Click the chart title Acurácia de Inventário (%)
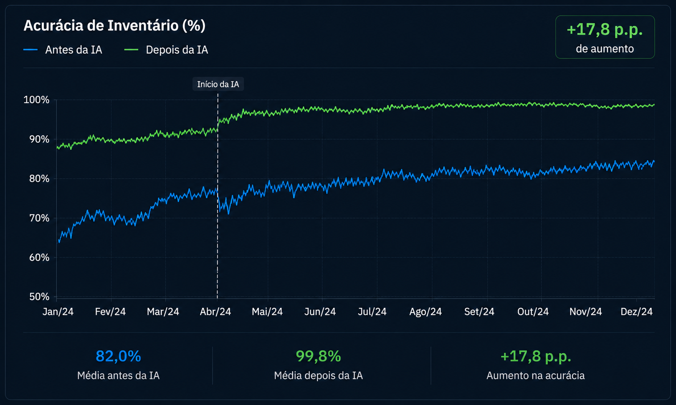[114, 25]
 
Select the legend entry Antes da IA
[63, 50]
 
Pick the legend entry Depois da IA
[166, 50]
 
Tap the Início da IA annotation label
[218, 84]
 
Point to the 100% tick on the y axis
[36, 100]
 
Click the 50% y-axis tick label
[39, 297]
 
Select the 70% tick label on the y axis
[39, 218]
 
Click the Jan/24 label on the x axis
[58, 312]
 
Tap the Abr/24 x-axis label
[215, 312]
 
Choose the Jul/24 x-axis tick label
[372, 312]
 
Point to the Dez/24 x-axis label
[636, 312]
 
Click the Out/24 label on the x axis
[533, 312]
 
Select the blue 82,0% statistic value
[118, 356]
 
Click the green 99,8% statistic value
[319, 356]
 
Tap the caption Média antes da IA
[118, 376]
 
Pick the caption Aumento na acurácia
[536, 376]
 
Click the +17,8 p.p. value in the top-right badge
[605, 30]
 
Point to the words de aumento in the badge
[605, 49]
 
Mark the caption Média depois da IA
[319, 376]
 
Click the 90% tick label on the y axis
[39, 139]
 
